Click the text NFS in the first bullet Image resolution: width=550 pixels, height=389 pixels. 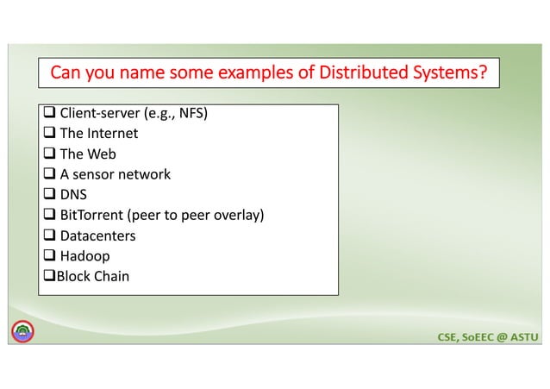tap(190, 113)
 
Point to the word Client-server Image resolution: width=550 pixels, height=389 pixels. tap(95, 113)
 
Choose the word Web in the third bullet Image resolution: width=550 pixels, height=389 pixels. tap(101, 154)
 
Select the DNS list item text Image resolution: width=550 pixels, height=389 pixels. tap(73, 195)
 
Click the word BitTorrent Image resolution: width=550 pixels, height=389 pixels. tap(92, 215)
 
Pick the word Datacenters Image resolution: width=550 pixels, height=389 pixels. tap(97, 235)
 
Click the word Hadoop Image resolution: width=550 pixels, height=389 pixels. tap(84, 256)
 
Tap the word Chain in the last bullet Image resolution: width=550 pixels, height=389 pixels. tap(111, 276)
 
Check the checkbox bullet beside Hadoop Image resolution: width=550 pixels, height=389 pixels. tap(49, 256)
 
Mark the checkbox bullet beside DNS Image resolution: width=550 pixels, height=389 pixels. tap(49, 195)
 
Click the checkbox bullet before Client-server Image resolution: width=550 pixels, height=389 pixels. tap(49, 113)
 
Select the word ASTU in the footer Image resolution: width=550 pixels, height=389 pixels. tap(522, 334)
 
